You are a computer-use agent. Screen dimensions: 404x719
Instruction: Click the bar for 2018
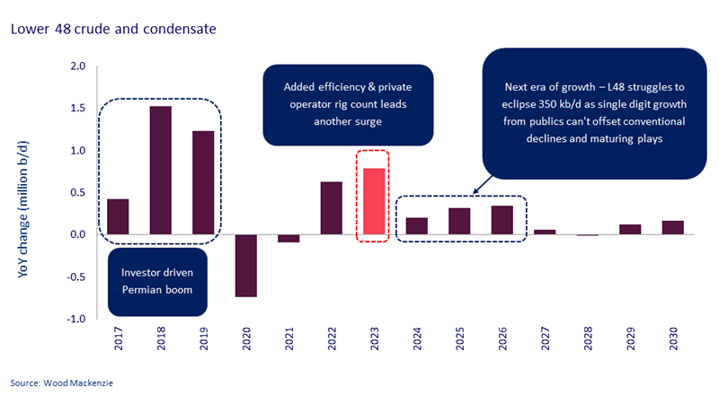pos(160,171)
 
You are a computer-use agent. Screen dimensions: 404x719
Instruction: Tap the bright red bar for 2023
pos(374,202)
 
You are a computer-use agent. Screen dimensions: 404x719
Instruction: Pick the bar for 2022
pos(331,208)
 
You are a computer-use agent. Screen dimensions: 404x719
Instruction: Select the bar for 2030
pos(673,228)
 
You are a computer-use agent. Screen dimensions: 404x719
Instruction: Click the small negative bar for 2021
pos(288,239)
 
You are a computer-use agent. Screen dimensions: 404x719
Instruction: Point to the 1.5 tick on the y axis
pos(77,109)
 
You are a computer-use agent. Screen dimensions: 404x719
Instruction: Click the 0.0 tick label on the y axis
pos(77,235)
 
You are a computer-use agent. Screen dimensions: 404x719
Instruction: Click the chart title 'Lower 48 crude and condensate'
pos(113,29)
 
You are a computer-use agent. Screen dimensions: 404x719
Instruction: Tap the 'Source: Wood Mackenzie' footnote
pos(59,383)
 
